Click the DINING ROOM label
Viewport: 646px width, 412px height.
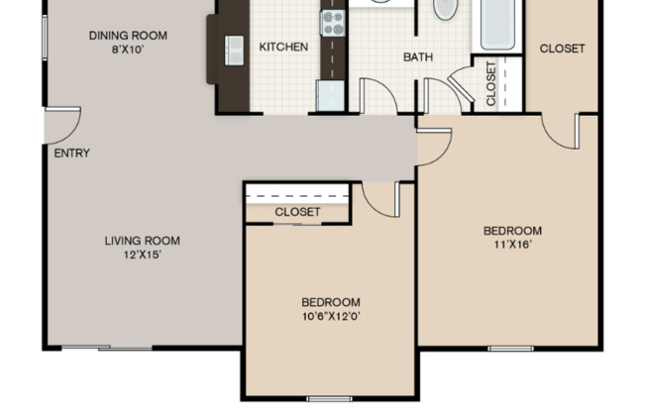tap(128, 36)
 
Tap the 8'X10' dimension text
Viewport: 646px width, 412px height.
tap(128, 50)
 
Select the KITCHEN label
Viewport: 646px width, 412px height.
tap(283, 47)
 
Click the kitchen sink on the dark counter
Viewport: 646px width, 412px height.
tap(235, 47)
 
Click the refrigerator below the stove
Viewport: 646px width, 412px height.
tap(329, 95)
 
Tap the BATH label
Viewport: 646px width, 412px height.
tap(417, 56)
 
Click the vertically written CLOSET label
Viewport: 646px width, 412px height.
tap(491, 83)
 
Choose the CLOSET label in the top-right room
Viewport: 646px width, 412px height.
tap(562, 48)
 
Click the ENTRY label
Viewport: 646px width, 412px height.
tap(71, 153)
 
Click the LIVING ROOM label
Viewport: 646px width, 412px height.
tap(143, 240)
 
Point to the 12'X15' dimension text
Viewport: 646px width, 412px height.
tap(143, 254)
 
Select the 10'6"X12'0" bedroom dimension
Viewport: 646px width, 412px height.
tap(331, 316)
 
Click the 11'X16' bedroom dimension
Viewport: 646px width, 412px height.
tap(512, 246)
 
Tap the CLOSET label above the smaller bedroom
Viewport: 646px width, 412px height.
tap(297, 212)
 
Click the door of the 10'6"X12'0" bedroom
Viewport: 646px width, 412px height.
tap(380, 198)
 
